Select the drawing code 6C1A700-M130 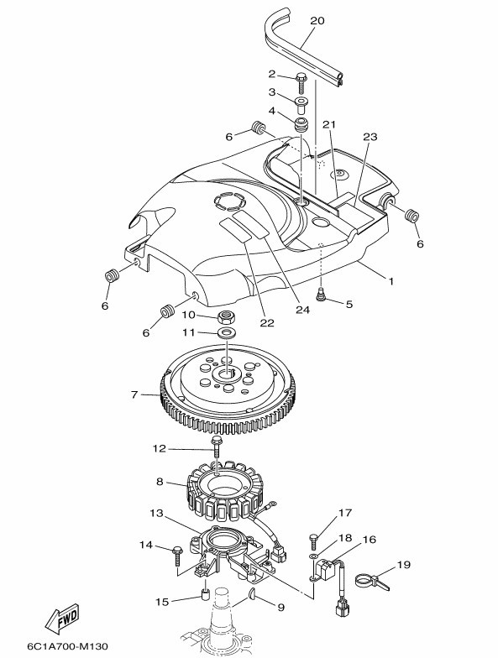click(67, 645)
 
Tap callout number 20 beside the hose click(317, 20)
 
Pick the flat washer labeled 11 click(227, 333)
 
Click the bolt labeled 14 click(177, 554)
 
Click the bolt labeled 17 click(314, 541)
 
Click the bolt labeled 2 click(301, 82)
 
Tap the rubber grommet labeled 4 click(301, 125)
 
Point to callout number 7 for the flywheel click(134, 394)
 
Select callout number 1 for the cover click(391, 281)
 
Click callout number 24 click(302, 310)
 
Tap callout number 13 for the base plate click(156, 514)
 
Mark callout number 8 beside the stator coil click(160, 482)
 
